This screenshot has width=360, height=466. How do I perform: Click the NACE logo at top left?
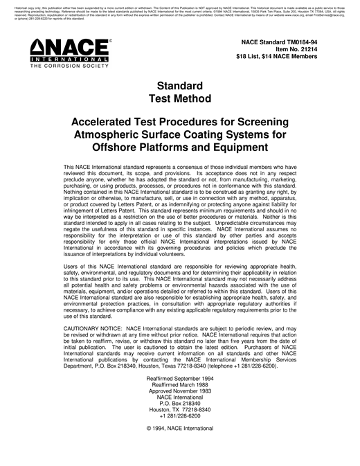click(64, 55)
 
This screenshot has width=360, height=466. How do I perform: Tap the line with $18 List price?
click(276, 57)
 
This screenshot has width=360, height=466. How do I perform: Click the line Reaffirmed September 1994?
click(179, 379)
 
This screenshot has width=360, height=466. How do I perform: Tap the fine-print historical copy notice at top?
click(179, 9)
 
